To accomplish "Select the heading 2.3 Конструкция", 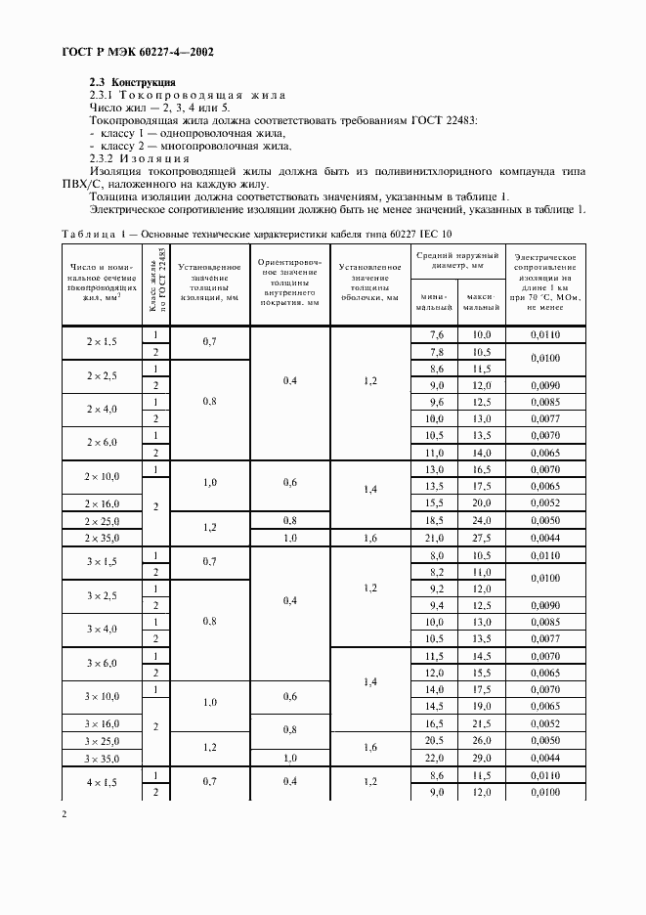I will [133, 82].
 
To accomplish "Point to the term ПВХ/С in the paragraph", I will [108, 184].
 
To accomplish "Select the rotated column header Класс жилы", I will [154, 284].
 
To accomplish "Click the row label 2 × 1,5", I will [103, 343].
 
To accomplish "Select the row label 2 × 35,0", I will [103, 538].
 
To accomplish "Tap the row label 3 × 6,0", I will [103, 663].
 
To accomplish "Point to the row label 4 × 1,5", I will [103, 783].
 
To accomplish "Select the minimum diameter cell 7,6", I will [436, 334].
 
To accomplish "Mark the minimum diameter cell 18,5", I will [436, 520].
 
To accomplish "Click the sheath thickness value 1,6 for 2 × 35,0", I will [370, 538].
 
